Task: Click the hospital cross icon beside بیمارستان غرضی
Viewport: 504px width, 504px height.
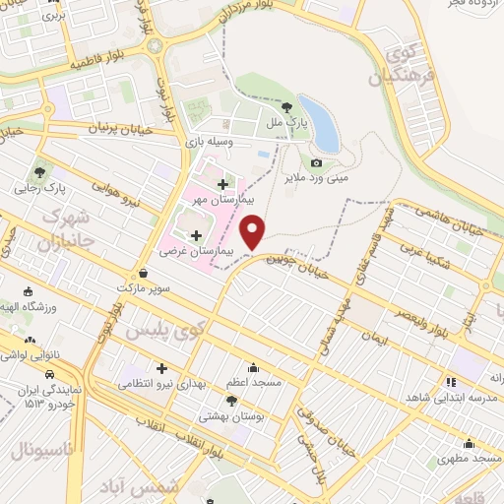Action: [197, 235]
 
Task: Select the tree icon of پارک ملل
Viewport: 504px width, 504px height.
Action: [286, 107]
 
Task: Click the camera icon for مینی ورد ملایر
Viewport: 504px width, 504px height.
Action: [316, 162]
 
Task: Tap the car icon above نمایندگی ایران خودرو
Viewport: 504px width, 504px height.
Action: [48, 374]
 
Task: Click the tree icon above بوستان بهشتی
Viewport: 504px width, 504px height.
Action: [231, 400]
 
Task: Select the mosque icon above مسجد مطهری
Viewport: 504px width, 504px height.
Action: [470, 442]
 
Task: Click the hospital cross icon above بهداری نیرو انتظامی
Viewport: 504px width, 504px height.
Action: [161, 367]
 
